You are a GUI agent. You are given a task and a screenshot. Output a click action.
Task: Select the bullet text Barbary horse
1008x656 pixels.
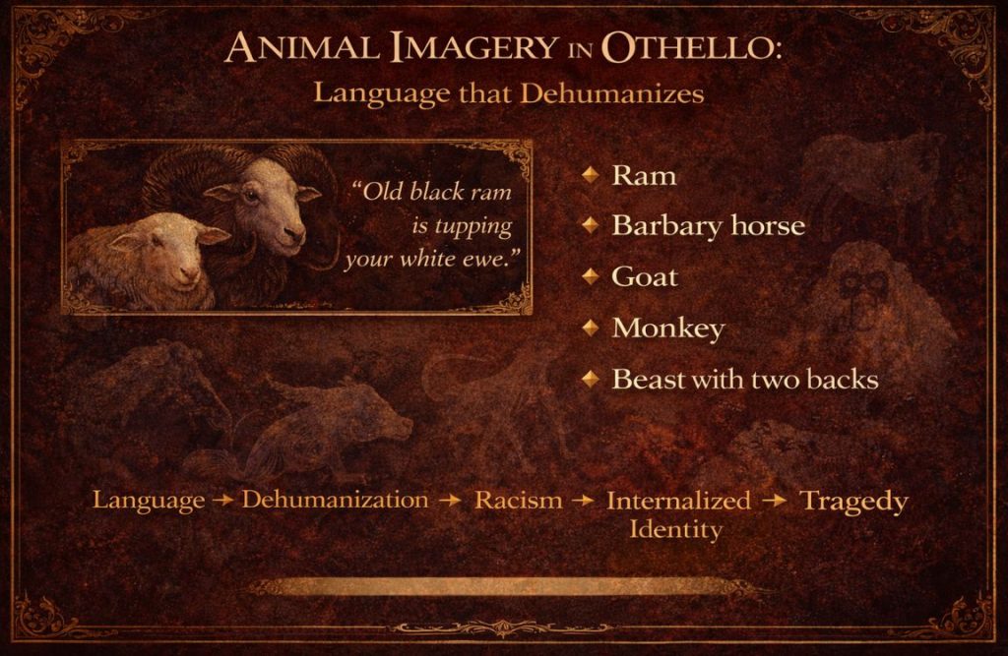click(x=708, y=226)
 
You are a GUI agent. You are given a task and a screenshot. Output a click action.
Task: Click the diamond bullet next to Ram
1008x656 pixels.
click(x=590, y=175)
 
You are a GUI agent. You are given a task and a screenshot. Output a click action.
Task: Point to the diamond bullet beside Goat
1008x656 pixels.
click(x=590, y=276)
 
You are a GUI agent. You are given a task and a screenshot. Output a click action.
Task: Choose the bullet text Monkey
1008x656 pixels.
click(x=667, y=328)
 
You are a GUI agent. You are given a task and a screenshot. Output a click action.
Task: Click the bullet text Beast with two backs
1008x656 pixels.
click(x=744, y=379)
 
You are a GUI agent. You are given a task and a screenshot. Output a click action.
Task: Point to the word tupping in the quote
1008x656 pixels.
click(x=475, y=226)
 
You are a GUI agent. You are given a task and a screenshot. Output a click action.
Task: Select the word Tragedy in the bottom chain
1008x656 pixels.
click(x=852, y=501)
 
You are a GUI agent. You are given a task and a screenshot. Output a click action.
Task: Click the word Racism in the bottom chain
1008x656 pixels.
click(x=519, y=501)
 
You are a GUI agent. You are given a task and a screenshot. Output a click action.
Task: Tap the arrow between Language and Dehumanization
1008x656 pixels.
click(x=222, y=501)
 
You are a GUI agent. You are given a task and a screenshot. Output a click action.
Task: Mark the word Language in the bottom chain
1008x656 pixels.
click(x=149, y=501)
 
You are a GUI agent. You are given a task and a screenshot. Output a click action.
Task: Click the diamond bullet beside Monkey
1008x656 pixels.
click(x=590, y=328)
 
